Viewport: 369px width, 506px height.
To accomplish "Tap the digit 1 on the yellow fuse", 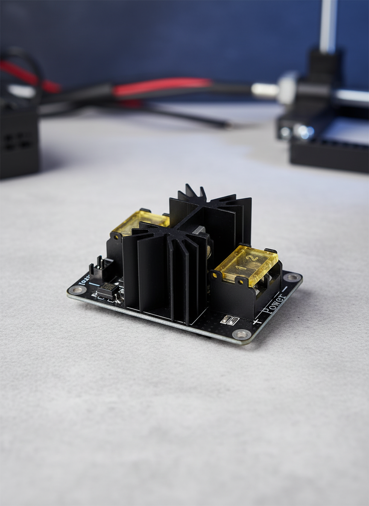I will point(237,268).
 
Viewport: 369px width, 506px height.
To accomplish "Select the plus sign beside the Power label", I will point(256,321).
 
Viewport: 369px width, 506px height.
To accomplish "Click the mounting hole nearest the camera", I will point(242,334).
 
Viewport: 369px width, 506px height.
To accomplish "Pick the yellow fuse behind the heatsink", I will point(139,223).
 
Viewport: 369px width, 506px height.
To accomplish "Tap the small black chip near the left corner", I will point(107,290).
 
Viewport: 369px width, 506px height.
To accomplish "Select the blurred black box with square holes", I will point(19,137).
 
